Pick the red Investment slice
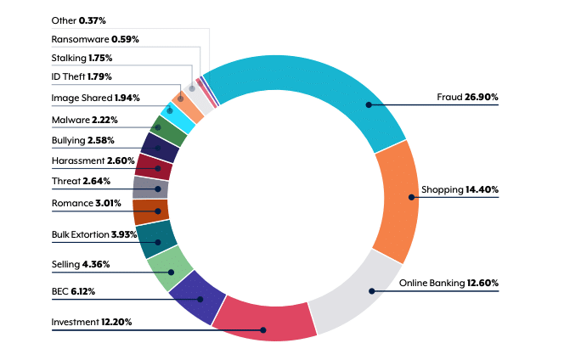[264, 319]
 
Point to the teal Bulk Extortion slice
[155, 239]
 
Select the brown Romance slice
[150, 211]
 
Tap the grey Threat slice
[150, 188]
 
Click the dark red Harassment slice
[154, 166]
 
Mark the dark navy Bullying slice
[161, 147]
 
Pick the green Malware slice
[168, 131]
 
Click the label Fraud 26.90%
[467, 98]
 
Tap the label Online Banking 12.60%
[448, 283]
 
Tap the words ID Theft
[67, 78]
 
